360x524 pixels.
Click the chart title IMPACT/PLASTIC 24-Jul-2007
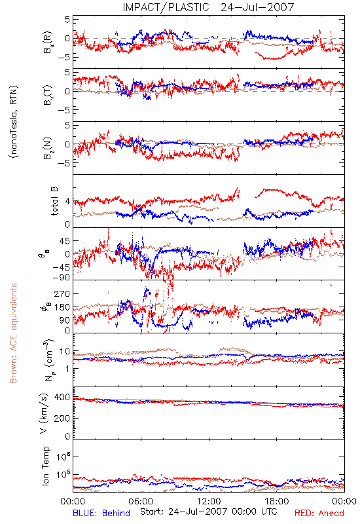click(x=208, y=7)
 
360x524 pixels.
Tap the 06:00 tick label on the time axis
click(x=141, y=501)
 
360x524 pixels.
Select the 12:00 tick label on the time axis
click(x=209, y=501)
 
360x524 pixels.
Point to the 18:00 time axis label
click(x=277, y=501)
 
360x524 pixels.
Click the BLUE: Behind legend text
click(x=101, y=513)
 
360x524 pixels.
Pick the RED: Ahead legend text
click(x=319, y=513)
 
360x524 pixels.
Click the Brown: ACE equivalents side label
click(x=13, y=333)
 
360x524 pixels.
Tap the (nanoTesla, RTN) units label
click(x=14, y=122)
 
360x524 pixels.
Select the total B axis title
click(x=54, y=201)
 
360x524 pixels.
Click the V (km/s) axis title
click(x=44, y=414)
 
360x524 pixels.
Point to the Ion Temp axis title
click(x=45, y=466)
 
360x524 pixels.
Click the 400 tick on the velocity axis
click(x=62, y=398)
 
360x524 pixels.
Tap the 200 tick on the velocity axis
click(x=62, y=418)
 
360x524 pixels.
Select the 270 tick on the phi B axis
click(x=62, y=294)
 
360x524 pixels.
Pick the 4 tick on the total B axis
click(x=67, y=202)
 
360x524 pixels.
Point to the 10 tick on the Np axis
click(x=65, y=351)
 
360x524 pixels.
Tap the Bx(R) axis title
click(x=48, y=42)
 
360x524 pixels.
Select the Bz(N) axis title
click(x=48, y=148)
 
